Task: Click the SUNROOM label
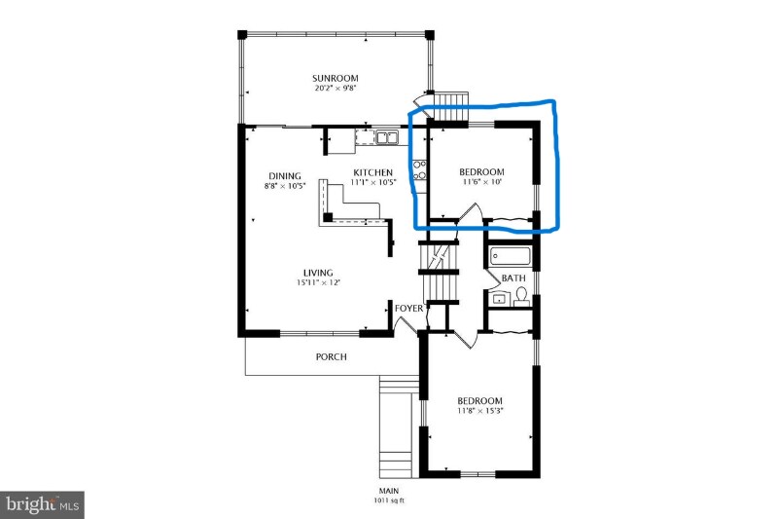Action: click(x=335, y=78)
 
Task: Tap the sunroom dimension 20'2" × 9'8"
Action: click(x=336, y=89)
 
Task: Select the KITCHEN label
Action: click(x=372, y=172)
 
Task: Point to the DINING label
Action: click(x=285, y=176)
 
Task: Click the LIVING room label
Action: click(x=318, y=273)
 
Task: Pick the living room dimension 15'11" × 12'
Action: click(x=318, y=282)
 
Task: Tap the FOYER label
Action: click(x=408, y=309)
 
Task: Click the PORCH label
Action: click(x=332, y=356)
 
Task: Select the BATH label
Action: click(x=513, y=278)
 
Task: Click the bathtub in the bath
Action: click(x=510, y=257)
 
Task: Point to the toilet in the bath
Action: click(x=520, y=298)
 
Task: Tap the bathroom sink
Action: click(x=498, y=299)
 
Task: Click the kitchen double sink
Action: click(x=386, y=137)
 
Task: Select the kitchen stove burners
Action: click(x=420, y=169)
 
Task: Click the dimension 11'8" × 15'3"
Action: click(x=479, y=411)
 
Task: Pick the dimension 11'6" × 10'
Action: click(x=481, y=182)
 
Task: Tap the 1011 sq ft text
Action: click(x=389, y=500)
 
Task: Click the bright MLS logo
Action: click(x=42, y=505)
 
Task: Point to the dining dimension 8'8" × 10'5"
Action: click(x=285, y=186)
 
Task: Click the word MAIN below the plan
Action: click(x=389, y=491)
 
